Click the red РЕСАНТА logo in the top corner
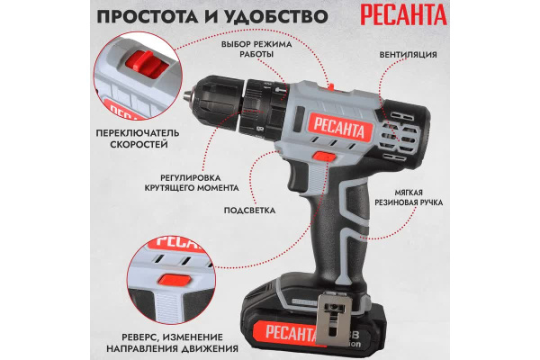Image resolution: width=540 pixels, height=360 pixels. coord(403,14)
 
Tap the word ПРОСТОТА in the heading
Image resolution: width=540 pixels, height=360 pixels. coord(148,17)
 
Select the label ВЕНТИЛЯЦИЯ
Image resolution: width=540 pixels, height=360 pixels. coord(408,55)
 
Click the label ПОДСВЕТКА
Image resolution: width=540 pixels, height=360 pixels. coord(249,211)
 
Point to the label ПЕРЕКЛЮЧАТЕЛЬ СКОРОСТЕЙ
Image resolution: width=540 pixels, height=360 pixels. coord(138,139)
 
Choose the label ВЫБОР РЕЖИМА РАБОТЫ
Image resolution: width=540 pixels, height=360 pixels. coord(256,49)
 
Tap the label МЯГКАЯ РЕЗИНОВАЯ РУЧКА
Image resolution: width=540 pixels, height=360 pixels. coord(409,197)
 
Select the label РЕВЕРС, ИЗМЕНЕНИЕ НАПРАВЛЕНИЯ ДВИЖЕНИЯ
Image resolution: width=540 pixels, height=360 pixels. coord(172,342)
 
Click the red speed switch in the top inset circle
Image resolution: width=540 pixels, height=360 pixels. coord(146,64)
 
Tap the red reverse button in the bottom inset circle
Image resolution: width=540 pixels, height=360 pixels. coord(175,279)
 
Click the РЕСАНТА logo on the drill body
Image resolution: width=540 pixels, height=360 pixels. coord(339,127)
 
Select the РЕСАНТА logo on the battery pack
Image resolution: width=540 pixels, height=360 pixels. coord(289,333)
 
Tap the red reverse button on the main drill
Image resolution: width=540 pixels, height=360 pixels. coord(324,157)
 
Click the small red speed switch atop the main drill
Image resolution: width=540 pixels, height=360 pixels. coord(331,86)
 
